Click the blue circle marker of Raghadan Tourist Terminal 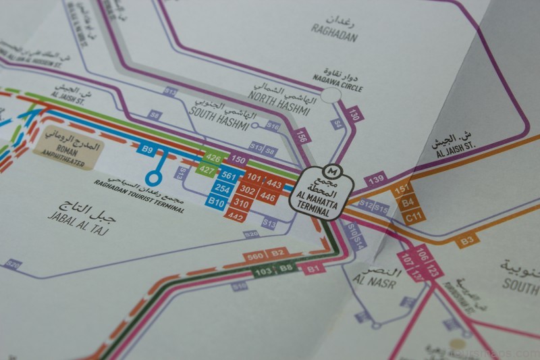(155, 178)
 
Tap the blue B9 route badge (145, 149)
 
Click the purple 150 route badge (237, 160)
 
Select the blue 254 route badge (219, 188)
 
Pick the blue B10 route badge (217, 201)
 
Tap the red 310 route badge (240, 203)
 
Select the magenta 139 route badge (377, 180)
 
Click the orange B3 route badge (467, 240)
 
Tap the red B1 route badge (313, 269)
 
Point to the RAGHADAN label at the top (334, 32)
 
